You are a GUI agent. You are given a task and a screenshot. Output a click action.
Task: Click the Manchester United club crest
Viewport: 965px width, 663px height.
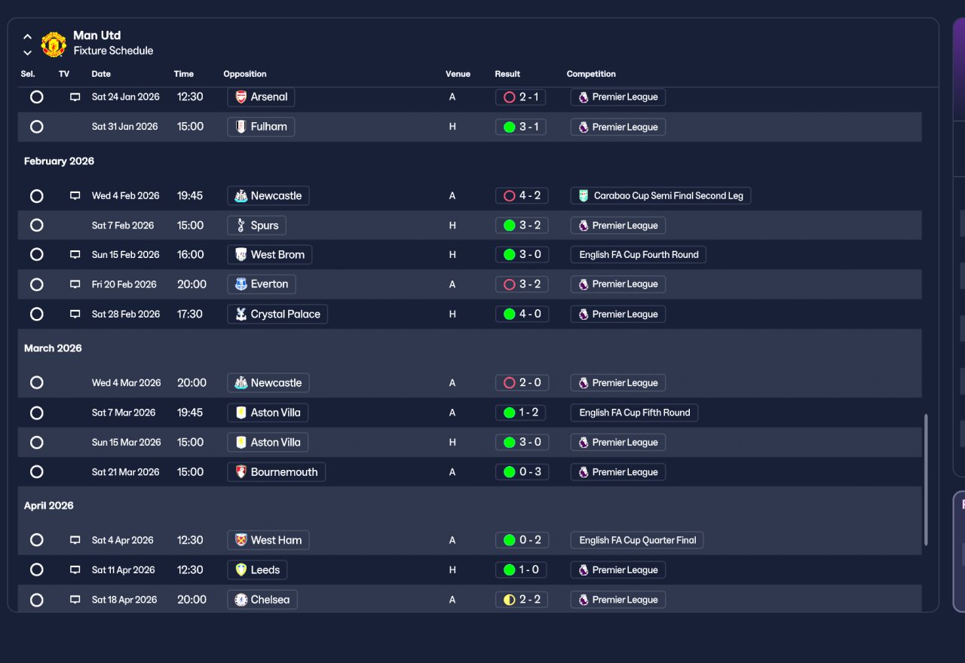54,44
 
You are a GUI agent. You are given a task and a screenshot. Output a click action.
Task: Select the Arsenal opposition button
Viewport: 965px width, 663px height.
261,97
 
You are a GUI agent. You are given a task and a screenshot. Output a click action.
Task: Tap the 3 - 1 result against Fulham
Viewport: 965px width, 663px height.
521,127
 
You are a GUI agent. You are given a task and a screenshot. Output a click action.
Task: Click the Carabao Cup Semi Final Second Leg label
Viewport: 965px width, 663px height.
660,195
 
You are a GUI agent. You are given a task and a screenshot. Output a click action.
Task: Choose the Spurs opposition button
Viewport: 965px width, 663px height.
257,226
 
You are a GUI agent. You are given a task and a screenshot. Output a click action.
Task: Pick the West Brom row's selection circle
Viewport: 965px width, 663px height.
37,255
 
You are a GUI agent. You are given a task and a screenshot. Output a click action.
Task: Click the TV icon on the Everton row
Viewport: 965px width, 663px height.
75,284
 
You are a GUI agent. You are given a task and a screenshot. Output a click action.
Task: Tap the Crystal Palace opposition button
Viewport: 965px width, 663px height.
277,315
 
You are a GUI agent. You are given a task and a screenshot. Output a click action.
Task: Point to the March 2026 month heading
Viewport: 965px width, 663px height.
53,348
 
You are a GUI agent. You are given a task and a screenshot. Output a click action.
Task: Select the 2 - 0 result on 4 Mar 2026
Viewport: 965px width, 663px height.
522,383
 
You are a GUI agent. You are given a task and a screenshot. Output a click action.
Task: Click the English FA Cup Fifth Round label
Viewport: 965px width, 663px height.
634,413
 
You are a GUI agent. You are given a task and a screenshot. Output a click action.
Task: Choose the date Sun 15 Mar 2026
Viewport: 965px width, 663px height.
126,442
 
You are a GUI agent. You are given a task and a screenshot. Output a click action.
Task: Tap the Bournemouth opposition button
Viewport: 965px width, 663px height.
277,472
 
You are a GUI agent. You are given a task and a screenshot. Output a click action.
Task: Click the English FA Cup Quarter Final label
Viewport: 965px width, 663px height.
637,540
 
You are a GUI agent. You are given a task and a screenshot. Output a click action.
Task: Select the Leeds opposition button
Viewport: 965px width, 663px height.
257,570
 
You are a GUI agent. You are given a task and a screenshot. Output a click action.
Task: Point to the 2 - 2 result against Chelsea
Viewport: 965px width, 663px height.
522,600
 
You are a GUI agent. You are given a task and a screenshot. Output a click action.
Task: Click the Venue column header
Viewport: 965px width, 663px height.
458,74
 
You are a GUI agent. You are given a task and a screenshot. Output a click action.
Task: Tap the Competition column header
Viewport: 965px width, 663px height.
591,74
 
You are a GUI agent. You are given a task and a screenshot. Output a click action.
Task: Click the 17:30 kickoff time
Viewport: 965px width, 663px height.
189,315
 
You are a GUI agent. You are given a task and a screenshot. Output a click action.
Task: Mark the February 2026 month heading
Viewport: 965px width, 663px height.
59,161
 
